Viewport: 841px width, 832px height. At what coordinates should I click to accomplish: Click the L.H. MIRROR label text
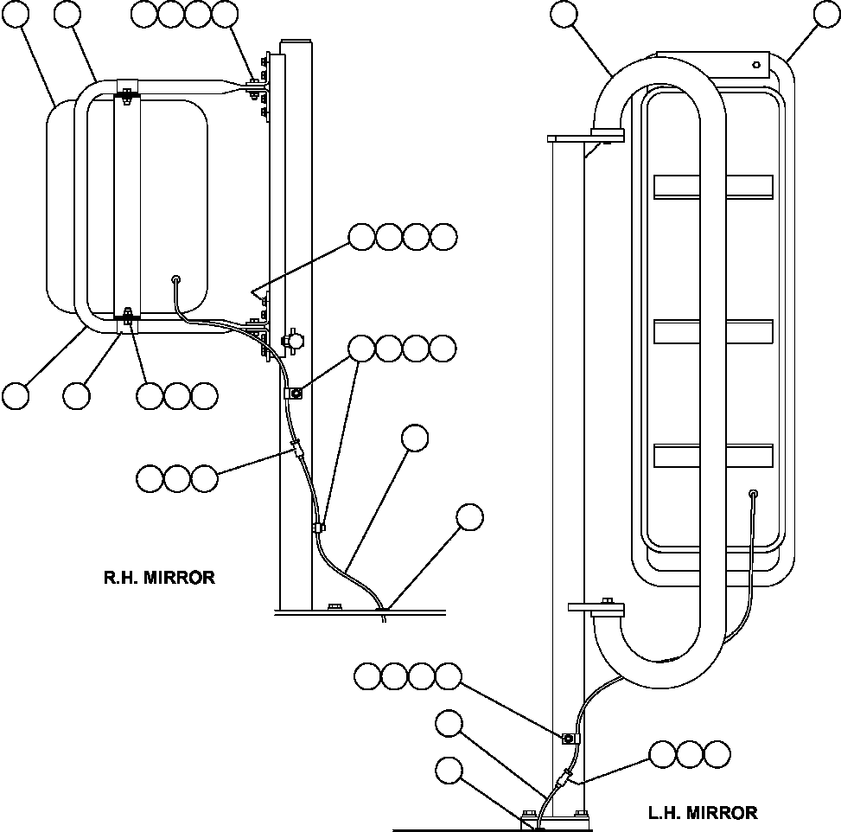[702, 813]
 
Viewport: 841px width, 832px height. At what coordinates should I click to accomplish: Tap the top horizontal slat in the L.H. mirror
[712, 185]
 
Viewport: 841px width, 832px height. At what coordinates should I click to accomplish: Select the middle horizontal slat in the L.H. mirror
[712, 331]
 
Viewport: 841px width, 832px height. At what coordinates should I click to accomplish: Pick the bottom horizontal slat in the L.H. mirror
[712, 456]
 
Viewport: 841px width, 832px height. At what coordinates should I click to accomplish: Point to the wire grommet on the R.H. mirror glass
[175, 279]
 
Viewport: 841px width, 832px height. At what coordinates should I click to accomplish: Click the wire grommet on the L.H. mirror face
[754, 494]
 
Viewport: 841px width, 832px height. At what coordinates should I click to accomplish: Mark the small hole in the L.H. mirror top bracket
[755, 65]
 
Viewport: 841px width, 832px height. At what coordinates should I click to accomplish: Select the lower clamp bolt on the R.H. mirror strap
[127, 317]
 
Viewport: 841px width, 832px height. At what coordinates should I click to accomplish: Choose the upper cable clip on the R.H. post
[293, 394]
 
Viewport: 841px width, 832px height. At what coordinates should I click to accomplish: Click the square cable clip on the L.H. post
[569, 739]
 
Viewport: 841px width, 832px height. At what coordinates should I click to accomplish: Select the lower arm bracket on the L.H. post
[596, 610]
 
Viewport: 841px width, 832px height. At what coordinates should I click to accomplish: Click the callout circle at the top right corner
[828, 15]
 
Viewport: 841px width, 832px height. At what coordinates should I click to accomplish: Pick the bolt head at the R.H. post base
[335, 606]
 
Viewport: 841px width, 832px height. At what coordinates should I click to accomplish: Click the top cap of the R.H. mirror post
[296, 41]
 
